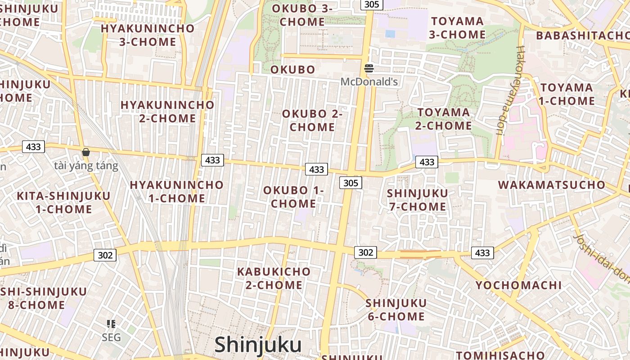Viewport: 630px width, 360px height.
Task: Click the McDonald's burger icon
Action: click(369, 68)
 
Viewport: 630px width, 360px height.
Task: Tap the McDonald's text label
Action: click(369, 82)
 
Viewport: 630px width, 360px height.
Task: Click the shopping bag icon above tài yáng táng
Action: click(86, 152)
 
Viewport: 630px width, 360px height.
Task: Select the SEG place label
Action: click(111, 337)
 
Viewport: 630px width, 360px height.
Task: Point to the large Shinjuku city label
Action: click(258, 345)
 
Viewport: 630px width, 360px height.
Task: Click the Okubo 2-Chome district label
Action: click(312, 121)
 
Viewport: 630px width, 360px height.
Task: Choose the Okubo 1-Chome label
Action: click(293, 197)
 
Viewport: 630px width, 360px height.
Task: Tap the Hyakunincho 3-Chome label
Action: click(148, 35)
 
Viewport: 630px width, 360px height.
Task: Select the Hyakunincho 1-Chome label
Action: click(177, 192)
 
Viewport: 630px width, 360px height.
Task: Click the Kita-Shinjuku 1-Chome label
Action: click(63, 202)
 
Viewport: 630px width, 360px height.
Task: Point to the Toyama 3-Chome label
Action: click(457, 28)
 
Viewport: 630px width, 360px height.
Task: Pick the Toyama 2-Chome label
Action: click(444, 119)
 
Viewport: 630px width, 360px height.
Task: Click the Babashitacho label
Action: click(582, 36)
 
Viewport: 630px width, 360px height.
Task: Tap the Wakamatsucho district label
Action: click(552, 185)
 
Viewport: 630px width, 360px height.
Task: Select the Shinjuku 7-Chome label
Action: click(417, 200)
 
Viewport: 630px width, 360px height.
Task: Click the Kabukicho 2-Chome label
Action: click(274, 278)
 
